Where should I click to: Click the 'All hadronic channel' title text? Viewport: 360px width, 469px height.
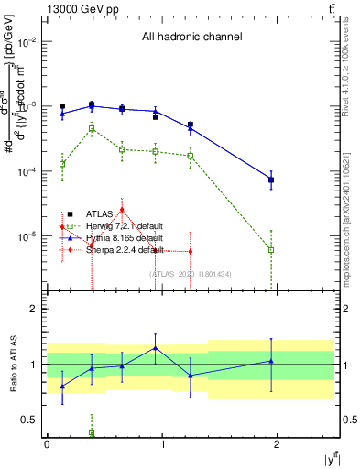tap(191, 38)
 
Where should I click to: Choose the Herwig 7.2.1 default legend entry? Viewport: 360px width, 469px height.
tap(107, 226)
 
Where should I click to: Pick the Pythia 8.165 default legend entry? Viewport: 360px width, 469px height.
tap(107, 237)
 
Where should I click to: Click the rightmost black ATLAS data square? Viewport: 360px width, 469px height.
tap(271, 180)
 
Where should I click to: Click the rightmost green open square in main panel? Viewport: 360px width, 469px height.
tap(271, 249)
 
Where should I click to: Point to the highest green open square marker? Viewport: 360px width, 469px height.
tap(92, 129)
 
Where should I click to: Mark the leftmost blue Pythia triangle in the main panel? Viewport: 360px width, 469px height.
tap(62, 114)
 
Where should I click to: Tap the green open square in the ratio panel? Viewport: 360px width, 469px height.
tap(92, 432)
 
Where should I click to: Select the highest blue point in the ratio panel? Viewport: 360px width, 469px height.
tap(156, 347)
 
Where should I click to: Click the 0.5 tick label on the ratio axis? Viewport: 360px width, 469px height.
tap(30, 420)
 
